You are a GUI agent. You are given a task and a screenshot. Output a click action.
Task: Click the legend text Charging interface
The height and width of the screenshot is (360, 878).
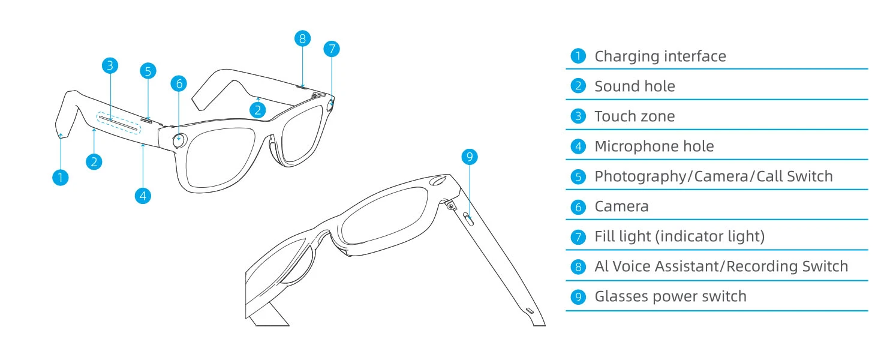(x=660, y=56)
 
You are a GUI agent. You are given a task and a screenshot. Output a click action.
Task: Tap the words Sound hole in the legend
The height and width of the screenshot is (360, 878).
(x=635, y=86)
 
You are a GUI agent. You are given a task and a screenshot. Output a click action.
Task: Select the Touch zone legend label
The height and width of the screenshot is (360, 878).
(x=634, y=116)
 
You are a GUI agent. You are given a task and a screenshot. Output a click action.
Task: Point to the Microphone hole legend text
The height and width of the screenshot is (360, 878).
(x=654, y=146)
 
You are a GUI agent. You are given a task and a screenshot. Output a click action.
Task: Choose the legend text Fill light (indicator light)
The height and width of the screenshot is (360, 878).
(x=679, y=236)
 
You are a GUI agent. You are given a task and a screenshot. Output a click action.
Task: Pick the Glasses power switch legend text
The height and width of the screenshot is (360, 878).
(x=670, y=296)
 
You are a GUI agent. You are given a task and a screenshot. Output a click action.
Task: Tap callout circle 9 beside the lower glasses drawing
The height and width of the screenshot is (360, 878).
(x=470, y=157)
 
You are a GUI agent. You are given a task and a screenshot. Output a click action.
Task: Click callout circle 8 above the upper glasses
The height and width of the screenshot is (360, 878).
(x=303, y=39)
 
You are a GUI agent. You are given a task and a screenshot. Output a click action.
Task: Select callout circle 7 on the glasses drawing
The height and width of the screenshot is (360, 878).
(x=332, y=49)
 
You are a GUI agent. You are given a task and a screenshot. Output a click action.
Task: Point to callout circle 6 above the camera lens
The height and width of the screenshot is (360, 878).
(x=179, y=83)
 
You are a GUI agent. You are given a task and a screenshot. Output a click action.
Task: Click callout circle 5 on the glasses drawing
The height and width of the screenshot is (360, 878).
(x=148, y=71)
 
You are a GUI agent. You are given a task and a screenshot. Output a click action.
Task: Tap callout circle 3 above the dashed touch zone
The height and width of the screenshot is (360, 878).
(x=109, y=65)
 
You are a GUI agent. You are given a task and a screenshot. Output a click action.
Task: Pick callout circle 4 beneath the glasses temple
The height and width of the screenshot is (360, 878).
(x=142, y=195)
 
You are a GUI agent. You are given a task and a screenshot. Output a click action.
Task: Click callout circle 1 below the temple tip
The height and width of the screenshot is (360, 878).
(x=60, y=177)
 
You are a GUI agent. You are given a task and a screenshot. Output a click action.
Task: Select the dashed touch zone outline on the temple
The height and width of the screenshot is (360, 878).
(x=120, y=122)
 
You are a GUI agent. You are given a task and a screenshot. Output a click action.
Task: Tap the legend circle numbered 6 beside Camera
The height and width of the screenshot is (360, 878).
(x=578, y=207)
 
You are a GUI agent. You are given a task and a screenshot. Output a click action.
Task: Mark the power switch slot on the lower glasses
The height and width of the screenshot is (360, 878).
(x=470, y=217)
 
